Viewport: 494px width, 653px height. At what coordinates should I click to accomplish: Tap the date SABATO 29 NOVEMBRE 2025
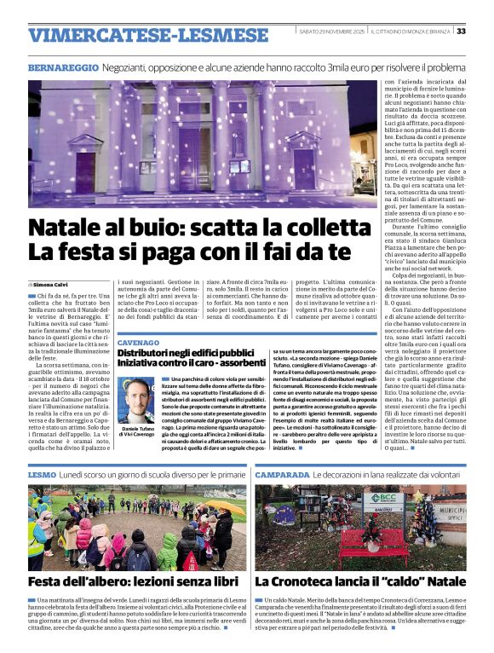coord(332,32)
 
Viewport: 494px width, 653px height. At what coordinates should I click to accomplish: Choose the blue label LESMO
coord(43,473)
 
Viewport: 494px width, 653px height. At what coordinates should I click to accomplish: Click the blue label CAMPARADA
coord(285,473)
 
